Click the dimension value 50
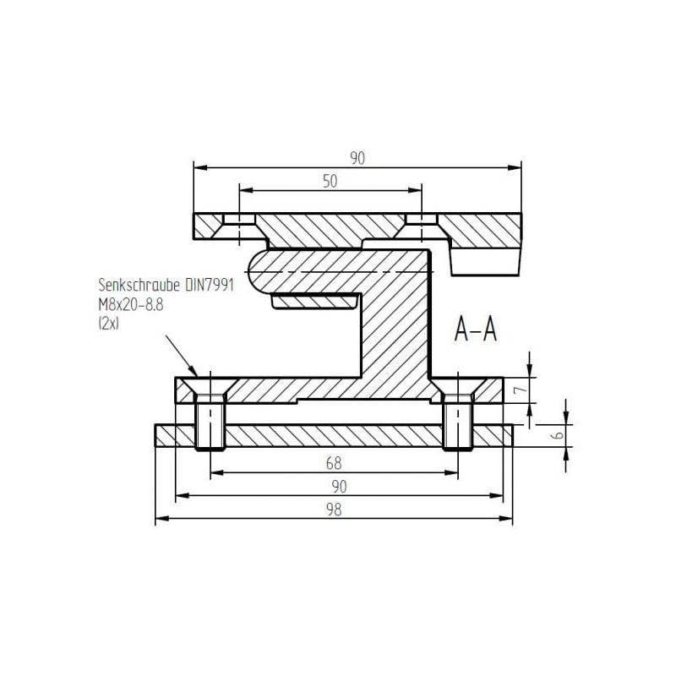click(x=329, y=181)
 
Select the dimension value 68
click(x=335, y=464)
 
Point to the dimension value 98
click(x=335, y=510)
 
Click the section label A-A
click(x=475, y=329)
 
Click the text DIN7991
click(x=209, y=286)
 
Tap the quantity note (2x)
click(x=111, y=321)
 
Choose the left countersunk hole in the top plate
click(x=239, y=221)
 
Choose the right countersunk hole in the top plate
click(x=420, y=221)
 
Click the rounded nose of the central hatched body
click(x=258, y=271)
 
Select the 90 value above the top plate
click(x=357, y=157)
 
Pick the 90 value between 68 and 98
click(x=337, y=487)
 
